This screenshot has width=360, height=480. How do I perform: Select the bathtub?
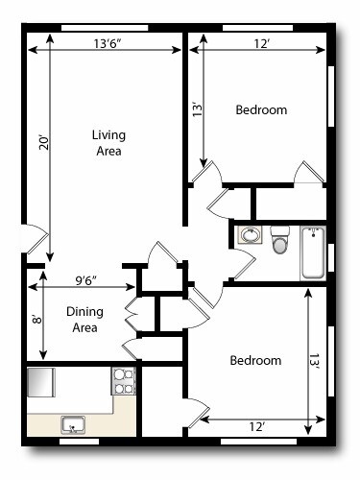click(313, 252)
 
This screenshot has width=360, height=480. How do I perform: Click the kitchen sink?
click(73, 423)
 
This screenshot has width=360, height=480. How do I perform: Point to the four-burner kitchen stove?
click(124, 381)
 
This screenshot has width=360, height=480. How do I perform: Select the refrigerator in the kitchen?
click(41, 382)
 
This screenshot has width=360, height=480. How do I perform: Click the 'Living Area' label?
click(108, 143)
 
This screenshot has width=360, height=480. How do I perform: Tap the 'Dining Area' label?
click(84, 319)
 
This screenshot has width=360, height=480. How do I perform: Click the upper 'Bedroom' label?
click(261, 110)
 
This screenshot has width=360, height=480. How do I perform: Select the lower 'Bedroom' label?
click(255, 361)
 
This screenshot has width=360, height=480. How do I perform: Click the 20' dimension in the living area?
click(42, 142)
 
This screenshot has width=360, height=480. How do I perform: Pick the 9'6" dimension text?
click(92, 281)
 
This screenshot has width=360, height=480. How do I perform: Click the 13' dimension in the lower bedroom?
click(313, 360)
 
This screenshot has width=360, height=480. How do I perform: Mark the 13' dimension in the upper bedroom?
click(197, 108)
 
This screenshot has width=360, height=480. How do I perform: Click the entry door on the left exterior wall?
click(30, 239)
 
